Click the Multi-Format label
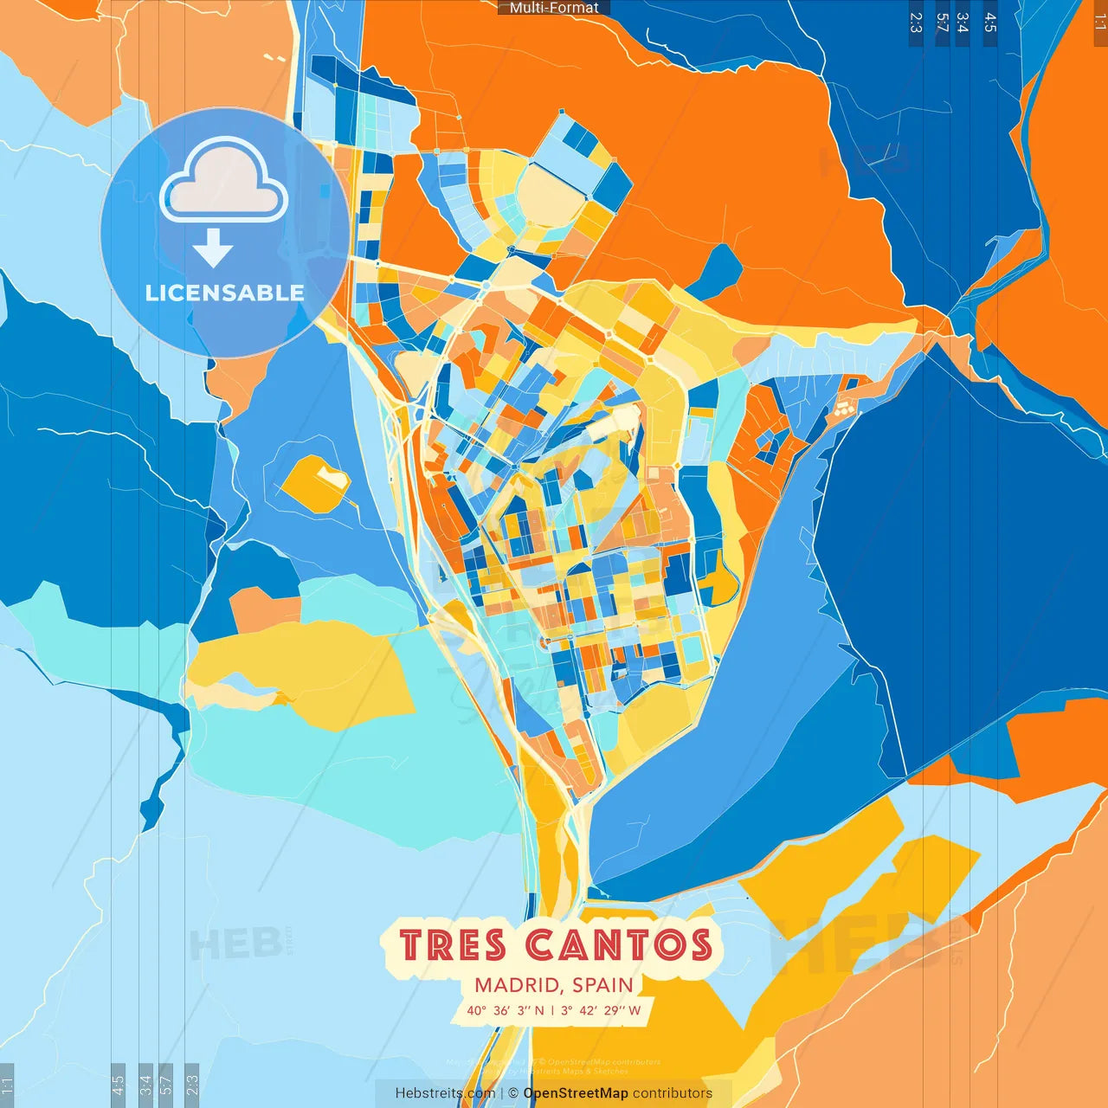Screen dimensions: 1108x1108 554,8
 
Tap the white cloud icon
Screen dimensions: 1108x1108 224,184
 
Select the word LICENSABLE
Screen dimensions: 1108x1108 225,293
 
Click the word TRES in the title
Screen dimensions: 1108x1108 453,945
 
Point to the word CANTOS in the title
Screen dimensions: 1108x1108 619,945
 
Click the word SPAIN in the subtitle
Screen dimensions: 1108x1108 602,985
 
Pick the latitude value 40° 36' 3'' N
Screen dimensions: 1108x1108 506,1010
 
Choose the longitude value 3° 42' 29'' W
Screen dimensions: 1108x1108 601,1010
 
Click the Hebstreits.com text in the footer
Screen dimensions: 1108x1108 445,1093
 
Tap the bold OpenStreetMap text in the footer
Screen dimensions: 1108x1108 576,1093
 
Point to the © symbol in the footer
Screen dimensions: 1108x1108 513,1093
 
